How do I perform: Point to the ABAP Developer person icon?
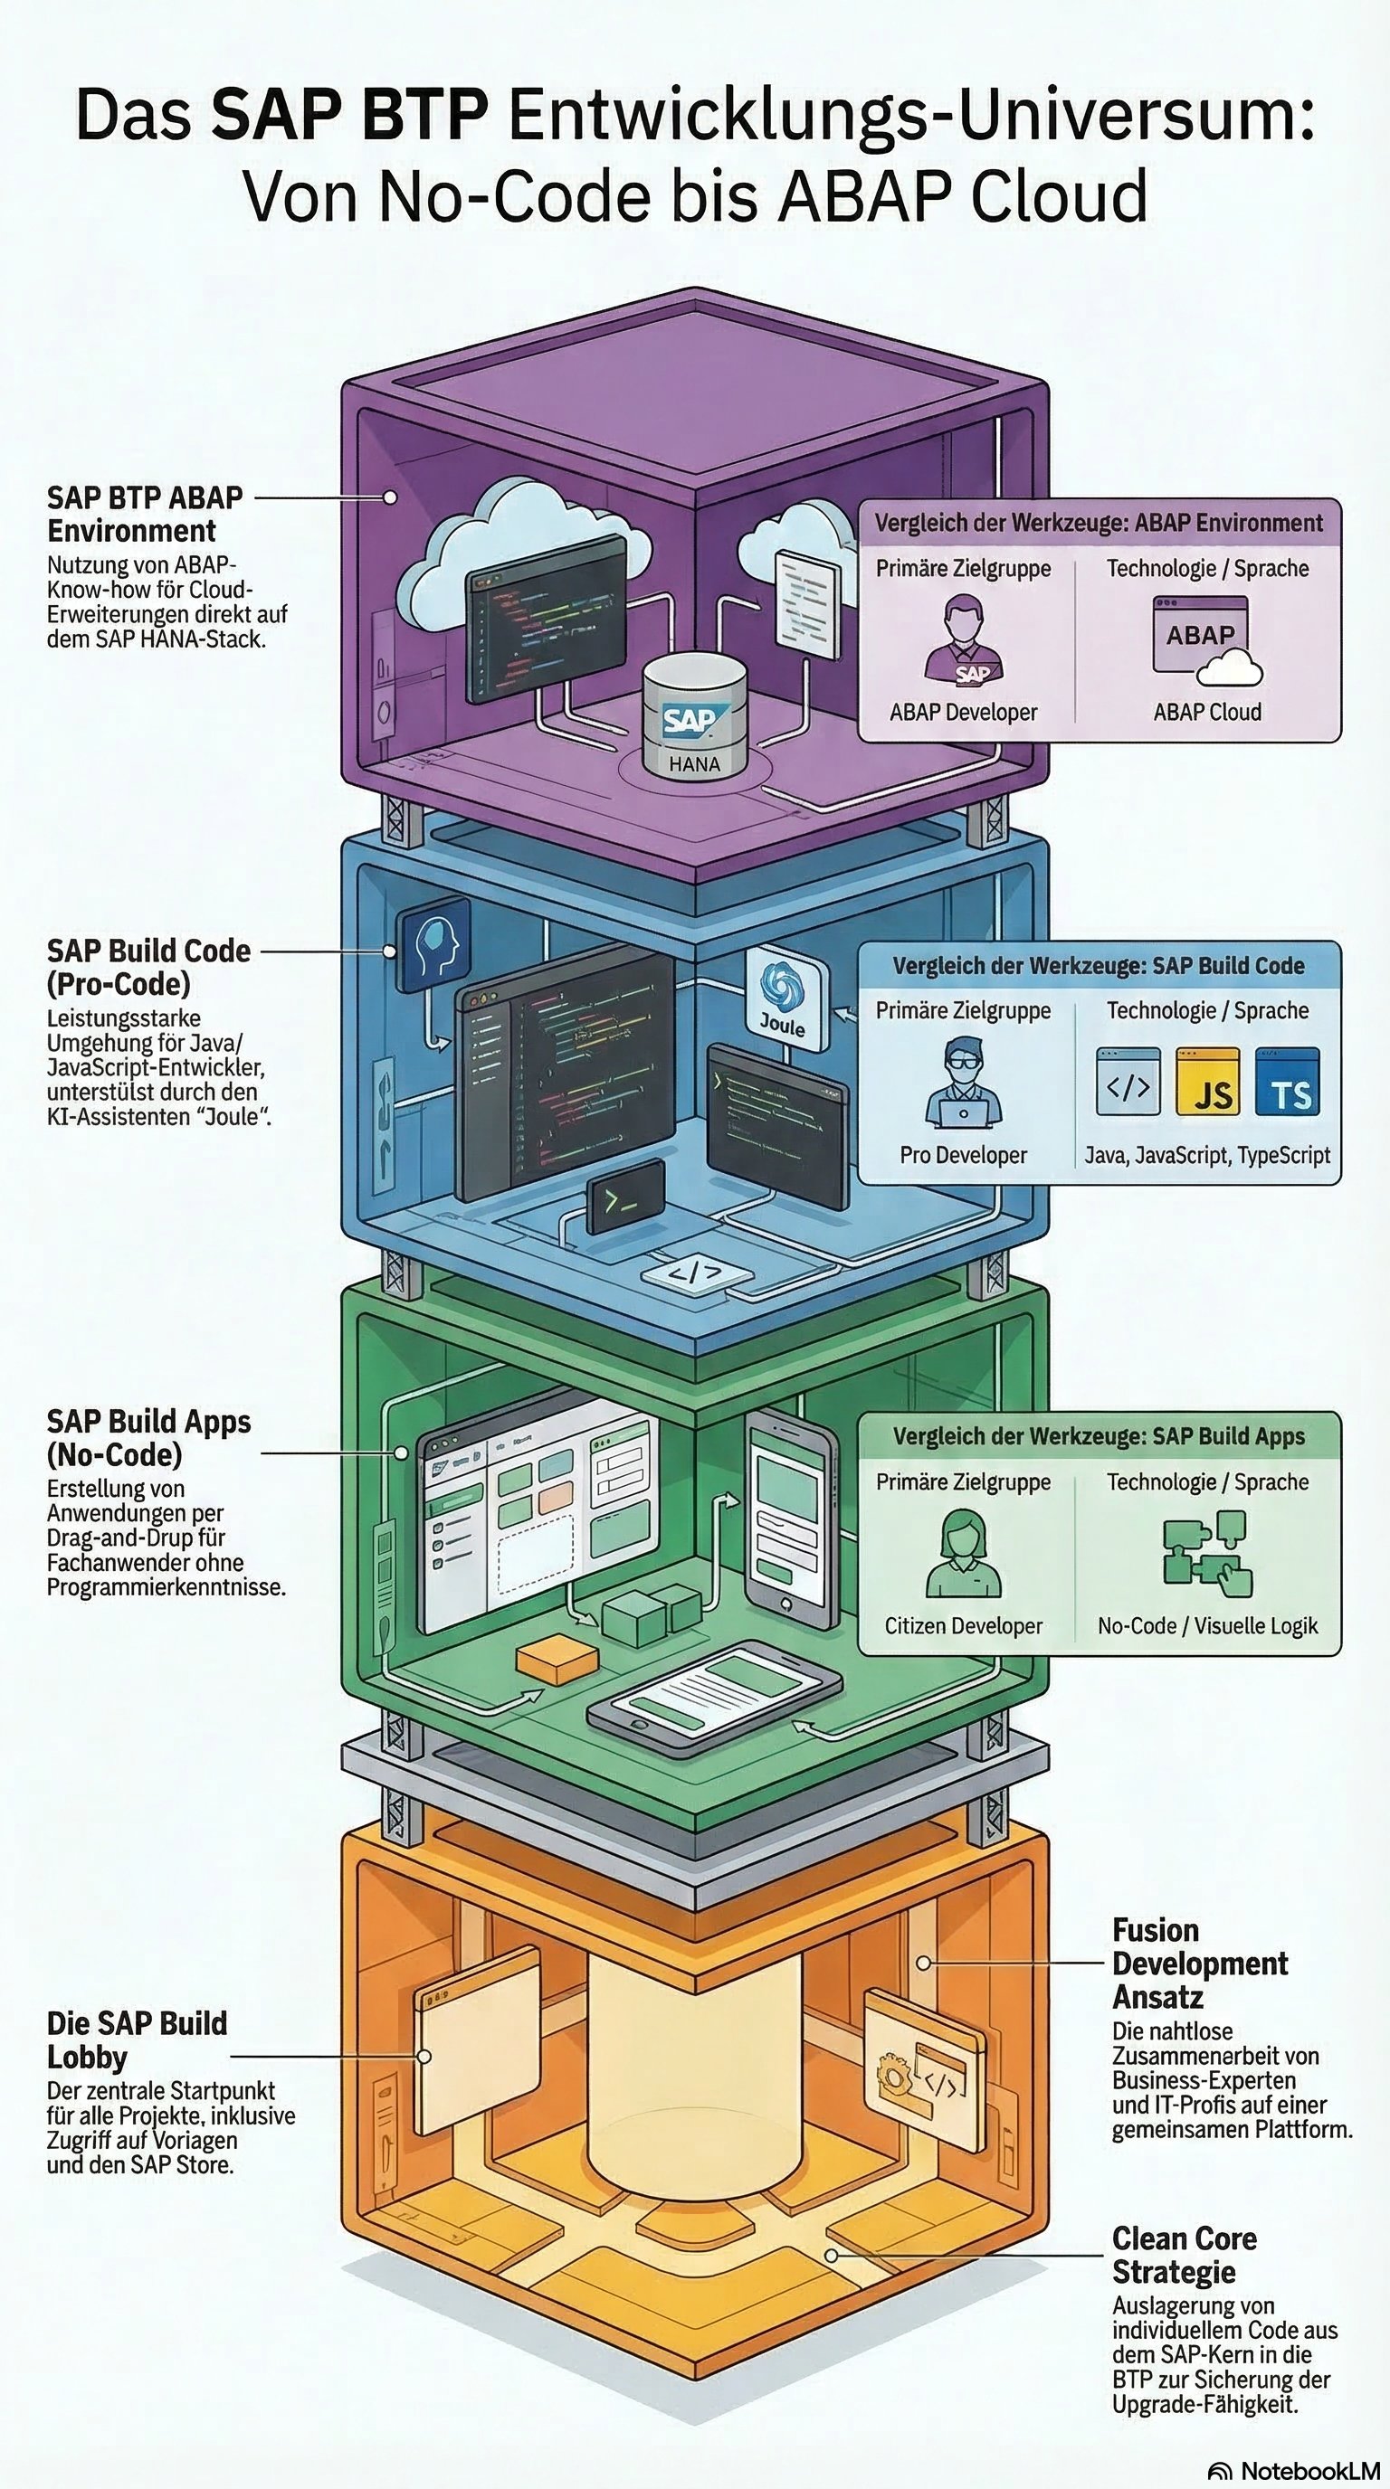963,639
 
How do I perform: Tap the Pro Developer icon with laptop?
963,1083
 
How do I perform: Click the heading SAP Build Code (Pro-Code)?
148,967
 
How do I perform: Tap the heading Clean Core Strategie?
1184,2254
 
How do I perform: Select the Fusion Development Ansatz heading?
1199,1964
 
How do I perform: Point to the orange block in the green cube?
557,1660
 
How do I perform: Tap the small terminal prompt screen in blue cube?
624,1196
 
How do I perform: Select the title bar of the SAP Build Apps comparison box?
1099,1437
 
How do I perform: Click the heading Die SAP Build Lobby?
137,2039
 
